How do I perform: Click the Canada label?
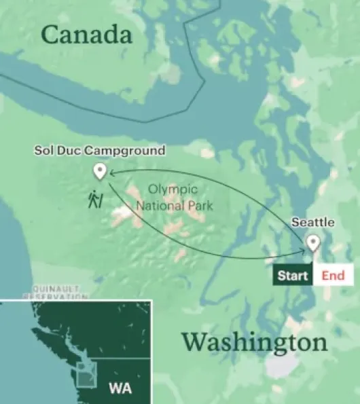86,35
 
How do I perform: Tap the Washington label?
254,342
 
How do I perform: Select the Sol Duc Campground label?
99,149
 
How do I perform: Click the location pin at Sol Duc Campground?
100,170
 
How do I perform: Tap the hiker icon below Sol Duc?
96,199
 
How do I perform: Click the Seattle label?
312,222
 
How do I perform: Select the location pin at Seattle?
312,242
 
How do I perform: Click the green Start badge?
293,275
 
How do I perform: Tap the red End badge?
333,275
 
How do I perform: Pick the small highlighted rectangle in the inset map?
86,374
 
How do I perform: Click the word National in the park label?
160,203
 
